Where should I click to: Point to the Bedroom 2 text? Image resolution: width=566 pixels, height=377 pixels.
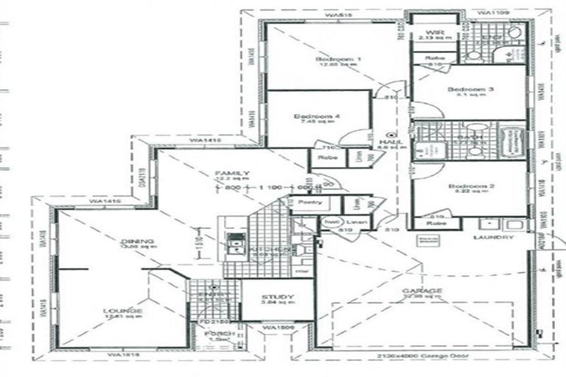[469, 186]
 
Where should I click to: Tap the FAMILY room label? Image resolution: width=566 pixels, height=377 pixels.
[227, 172]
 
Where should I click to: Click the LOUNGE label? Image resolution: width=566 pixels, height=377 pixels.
[122, 311]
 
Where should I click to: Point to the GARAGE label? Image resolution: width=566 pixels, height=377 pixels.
[422, 292]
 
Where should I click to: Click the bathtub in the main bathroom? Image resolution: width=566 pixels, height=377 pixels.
[511, 140]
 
